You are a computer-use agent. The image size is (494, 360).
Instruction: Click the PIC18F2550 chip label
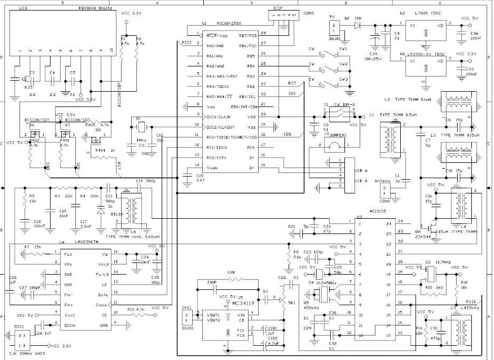(x=229, y=24)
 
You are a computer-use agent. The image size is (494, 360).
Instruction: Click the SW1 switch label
(x=343, y=48)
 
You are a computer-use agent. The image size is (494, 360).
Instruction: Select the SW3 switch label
(x=343, y=79)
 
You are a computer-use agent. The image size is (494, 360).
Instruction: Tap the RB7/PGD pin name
(x=247, y=35)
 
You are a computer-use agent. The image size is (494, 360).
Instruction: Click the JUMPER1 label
(x=337, y=135)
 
